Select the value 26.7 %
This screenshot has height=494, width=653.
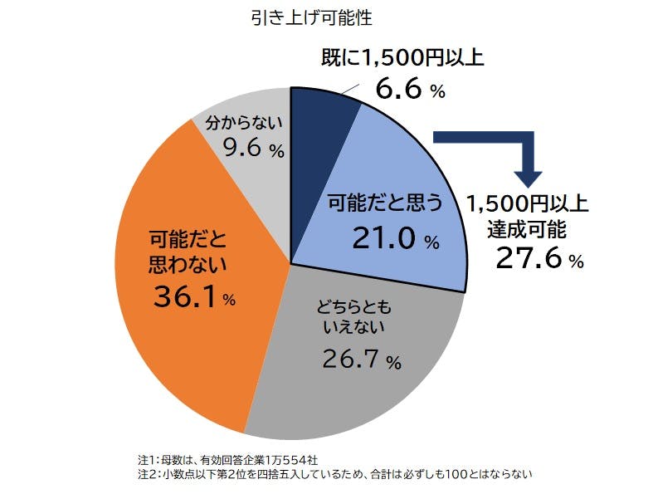[362, 359]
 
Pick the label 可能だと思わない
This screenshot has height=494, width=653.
[188, 252]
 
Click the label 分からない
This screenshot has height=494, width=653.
[244, 122]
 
